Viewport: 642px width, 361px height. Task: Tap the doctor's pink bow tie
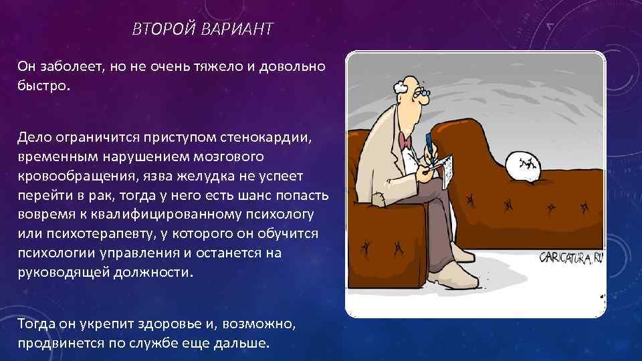(405, 141)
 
